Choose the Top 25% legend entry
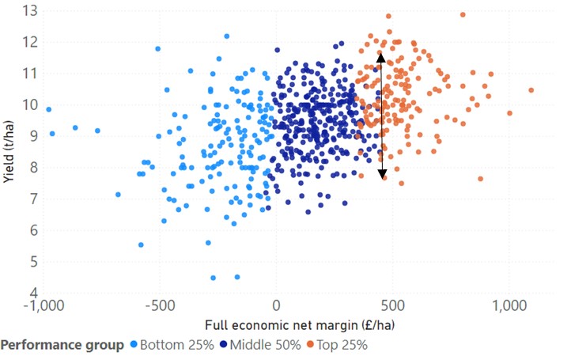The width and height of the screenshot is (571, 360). [338, 345]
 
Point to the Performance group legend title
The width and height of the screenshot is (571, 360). [62, 345]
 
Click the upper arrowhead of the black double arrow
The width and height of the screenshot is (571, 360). [381, 56]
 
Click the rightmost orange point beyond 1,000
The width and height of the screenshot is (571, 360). [531, 90]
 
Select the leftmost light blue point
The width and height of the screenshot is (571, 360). [48, 109]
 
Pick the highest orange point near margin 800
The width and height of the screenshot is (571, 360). [463, 14]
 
